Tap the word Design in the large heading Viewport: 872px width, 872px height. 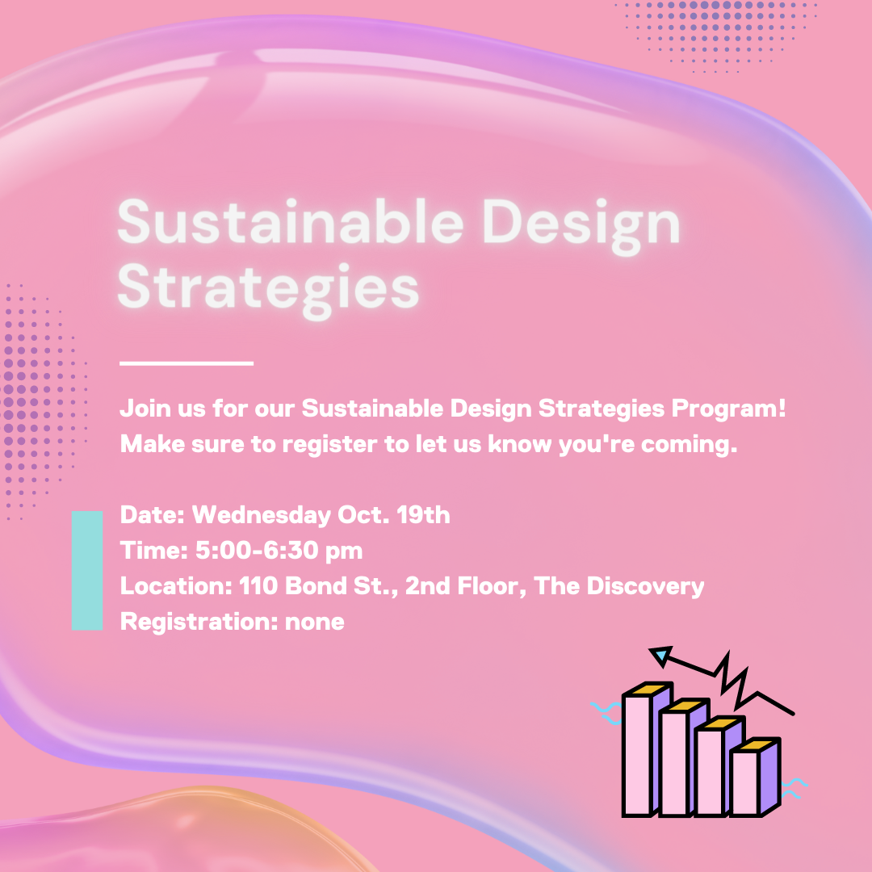581,223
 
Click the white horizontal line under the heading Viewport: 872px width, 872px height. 187,363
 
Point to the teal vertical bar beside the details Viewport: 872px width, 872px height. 87,570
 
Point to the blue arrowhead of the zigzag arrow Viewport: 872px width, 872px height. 660,656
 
